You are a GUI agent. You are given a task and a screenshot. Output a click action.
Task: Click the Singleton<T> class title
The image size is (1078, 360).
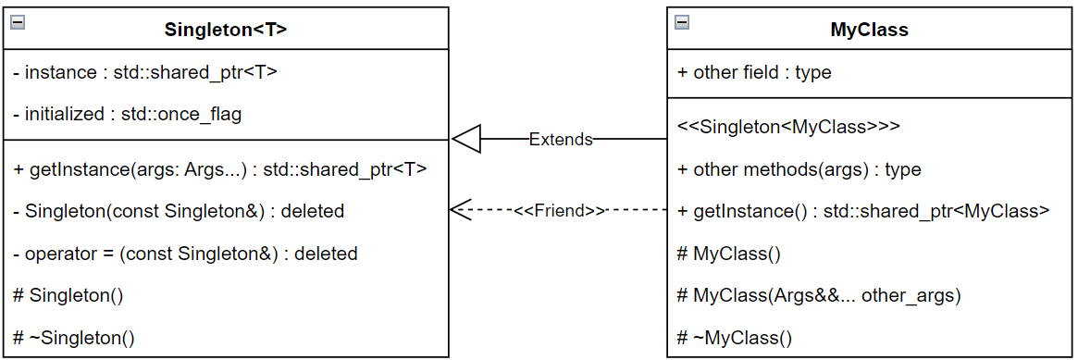[226, 30]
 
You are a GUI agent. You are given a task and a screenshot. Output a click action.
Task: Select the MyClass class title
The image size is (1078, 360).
[869, 30]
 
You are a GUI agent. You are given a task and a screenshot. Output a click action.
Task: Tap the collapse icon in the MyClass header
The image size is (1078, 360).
[682, 21]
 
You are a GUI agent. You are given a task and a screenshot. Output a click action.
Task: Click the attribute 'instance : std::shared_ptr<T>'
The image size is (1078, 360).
[146, 72]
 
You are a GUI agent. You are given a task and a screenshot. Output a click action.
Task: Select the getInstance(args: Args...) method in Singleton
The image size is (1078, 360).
[220, 169]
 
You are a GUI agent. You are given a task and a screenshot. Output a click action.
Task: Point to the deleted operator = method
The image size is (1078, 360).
[186, 253]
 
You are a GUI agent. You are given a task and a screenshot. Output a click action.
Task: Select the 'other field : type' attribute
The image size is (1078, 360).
[754, 72]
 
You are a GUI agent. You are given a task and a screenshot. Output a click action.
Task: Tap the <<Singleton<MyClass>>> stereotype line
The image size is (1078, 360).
[788, 127]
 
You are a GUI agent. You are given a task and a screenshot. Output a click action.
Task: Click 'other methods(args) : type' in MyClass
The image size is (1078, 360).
[799, 169]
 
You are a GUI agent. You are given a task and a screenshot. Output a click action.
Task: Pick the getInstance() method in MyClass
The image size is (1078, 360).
[863, 211]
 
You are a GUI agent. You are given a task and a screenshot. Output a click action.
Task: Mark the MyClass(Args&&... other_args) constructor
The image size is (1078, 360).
[819, 295]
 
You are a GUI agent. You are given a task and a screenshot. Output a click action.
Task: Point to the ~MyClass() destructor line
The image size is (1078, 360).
[735, 338]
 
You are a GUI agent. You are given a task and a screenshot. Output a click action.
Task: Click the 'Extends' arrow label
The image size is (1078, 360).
[560, 140]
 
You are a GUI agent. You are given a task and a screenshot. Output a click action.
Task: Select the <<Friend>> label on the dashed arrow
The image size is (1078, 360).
[560, 210]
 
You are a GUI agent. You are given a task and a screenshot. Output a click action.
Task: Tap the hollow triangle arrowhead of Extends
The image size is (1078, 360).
[466, 140]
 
